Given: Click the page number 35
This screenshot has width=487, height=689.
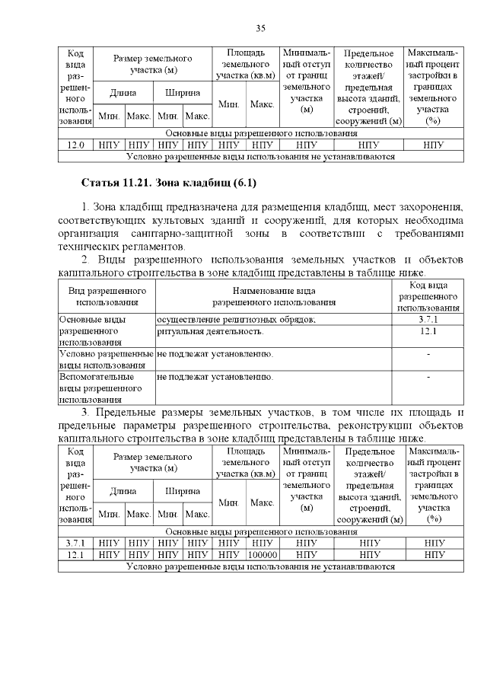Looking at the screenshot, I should pos(259,28).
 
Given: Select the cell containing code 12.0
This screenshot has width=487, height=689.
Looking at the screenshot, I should pos(75,145).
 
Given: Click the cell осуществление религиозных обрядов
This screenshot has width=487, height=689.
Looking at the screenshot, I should pos(236,320).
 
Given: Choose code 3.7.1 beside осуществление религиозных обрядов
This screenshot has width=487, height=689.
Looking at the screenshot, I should pos(428,320).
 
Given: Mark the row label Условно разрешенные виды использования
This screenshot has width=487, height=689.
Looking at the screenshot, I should pos(106,359).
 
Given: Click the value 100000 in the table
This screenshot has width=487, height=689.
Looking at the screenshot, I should pos(262,555).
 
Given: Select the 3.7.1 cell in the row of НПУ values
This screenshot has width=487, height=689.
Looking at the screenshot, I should pos(75,544).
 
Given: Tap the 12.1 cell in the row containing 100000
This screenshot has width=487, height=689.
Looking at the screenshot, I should pos(75,555).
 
